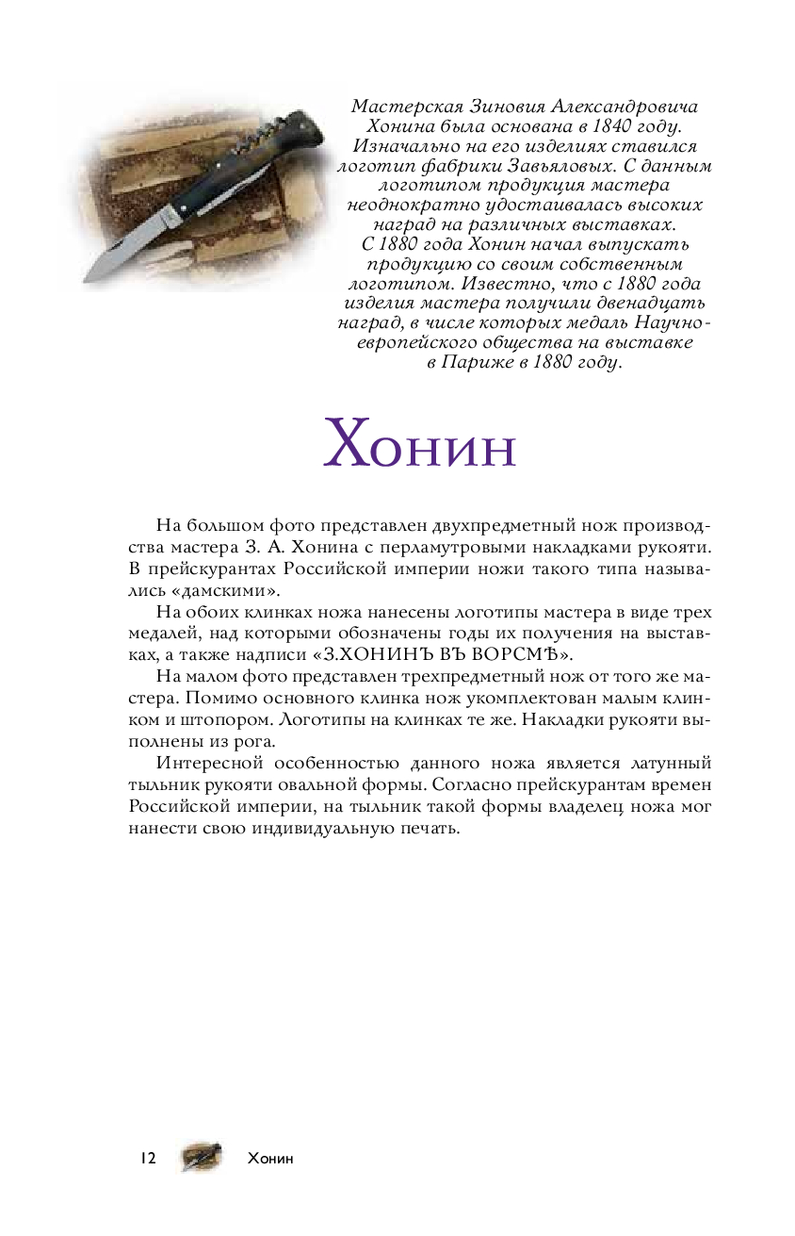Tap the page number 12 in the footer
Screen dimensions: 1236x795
147,1158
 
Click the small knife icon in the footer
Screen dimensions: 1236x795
202,1157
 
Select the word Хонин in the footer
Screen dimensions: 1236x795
270,1159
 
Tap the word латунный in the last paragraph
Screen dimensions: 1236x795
661,762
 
